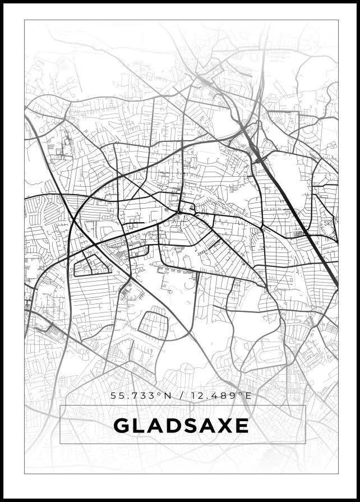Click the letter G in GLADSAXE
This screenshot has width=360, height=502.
coord(122,426)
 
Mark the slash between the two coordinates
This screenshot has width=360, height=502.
coord(181,396)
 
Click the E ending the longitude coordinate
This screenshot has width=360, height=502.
coord(248,396)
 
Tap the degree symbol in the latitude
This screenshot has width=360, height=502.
coord(160,394)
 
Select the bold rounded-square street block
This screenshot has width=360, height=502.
coord(153,325)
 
